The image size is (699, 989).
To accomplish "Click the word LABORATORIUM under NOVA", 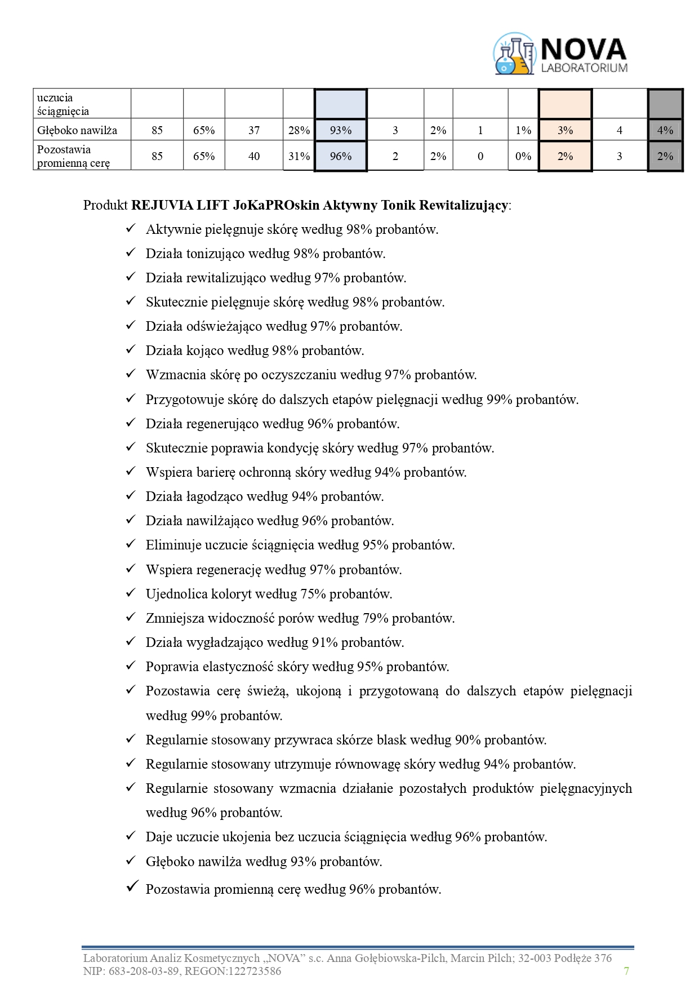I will (x=584, y=68).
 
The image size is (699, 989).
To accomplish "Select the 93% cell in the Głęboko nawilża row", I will (x=341, y=130).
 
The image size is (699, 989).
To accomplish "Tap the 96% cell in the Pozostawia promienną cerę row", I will (x=341, y=156).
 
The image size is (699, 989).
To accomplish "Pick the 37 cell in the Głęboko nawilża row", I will (x=254, y=130).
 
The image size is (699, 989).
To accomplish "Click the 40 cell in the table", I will (x=254, y=156).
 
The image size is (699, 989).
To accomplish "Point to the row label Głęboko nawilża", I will (x=77, y=130).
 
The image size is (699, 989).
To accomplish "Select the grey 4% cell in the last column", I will (x=665, y=130).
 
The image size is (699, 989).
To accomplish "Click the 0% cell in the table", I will (x=523, y=156).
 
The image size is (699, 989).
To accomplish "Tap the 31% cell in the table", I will (x=299, y=156).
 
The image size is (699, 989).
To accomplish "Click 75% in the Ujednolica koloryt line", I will (x=313, y=594).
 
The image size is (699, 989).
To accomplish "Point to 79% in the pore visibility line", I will (x=376, y=618).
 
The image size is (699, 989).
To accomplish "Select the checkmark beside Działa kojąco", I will (x=131, y=350).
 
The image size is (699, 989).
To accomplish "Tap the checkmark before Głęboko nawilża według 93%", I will (x=131, y=861).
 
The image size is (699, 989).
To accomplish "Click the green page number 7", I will (x=626, y=970).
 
